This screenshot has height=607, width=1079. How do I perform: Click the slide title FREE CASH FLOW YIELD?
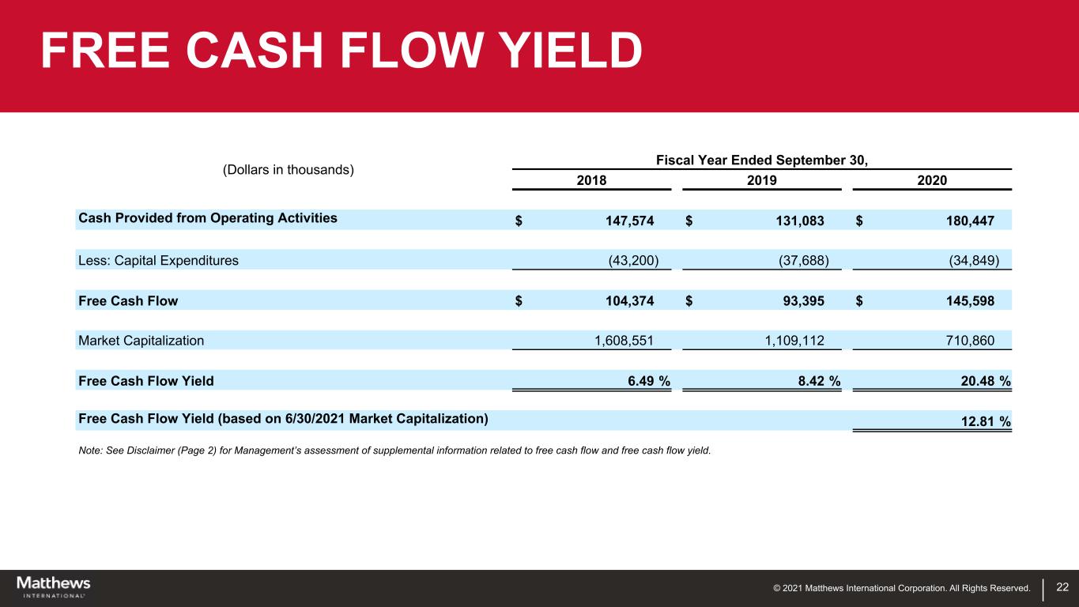point(341,51)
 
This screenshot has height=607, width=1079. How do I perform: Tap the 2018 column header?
point(591,180)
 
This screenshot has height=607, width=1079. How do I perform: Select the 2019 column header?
point(761,180)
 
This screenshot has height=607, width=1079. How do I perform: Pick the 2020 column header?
point(932,180)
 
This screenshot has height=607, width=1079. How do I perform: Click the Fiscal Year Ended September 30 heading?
point(762,160)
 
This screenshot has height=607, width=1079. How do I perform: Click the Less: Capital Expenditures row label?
point(158,260)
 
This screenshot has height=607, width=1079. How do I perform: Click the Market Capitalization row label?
point(141,341)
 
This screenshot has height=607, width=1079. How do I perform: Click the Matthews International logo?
point(54,586)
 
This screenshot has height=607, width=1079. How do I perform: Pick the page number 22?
point(1062,587)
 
